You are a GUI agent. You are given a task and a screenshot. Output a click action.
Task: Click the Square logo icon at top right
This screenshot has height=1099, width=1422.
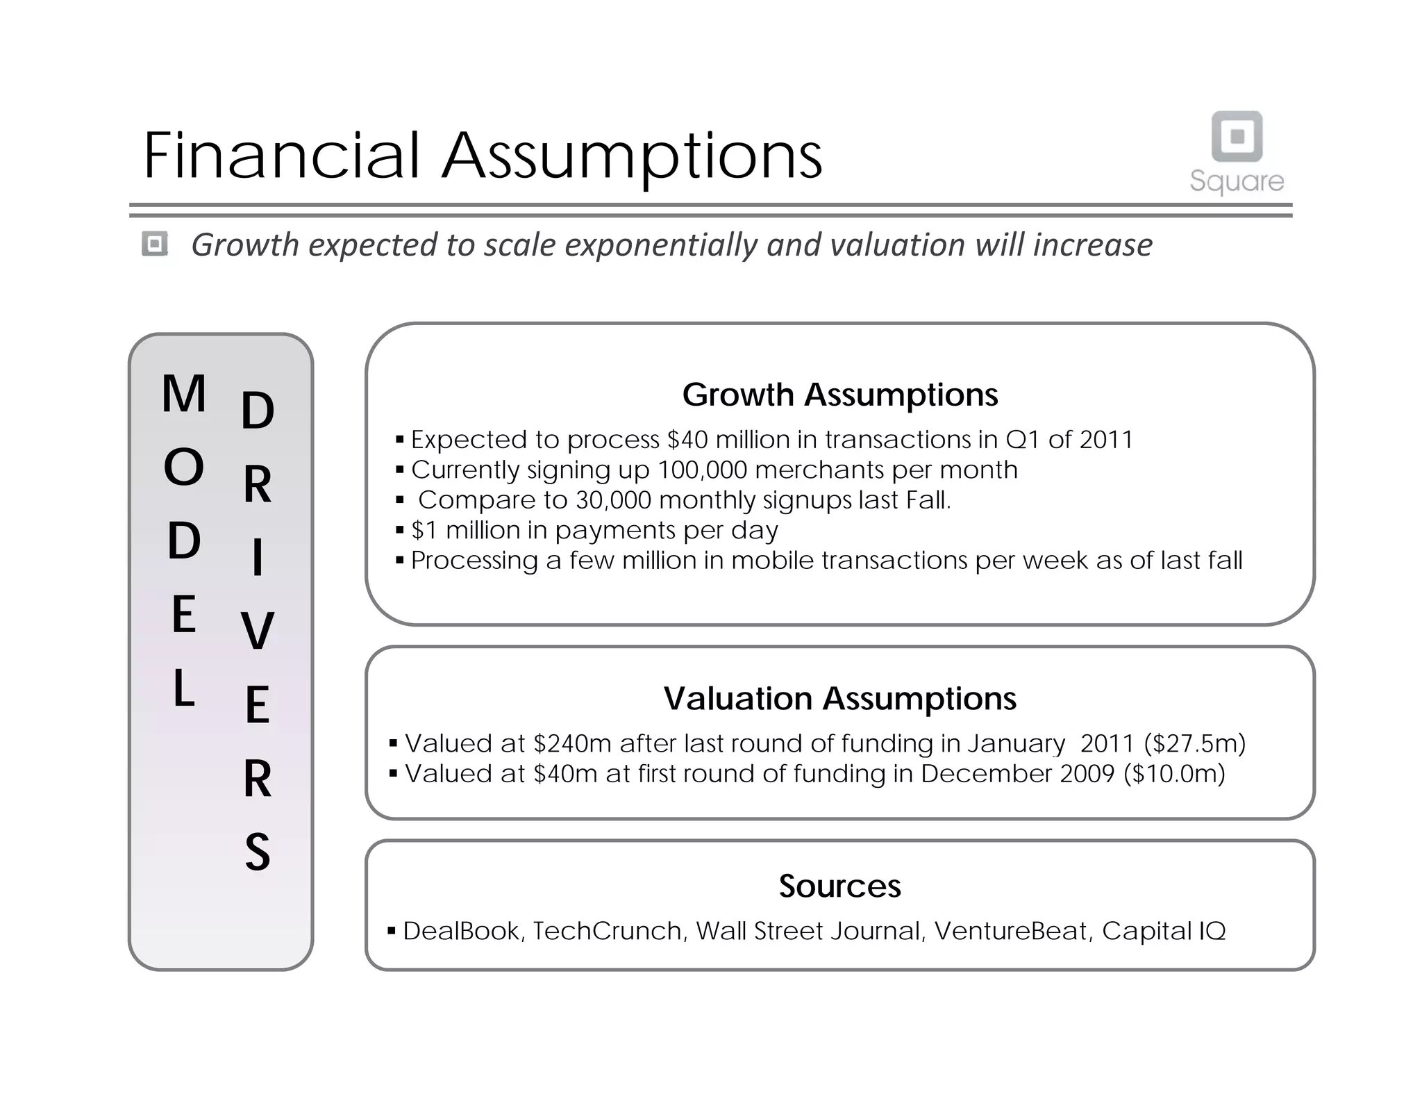click(x=1237, y=136)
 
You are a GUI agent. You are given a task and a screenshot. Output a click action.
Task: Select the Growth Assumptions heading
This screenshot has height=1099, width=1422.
click(x=839, y=395)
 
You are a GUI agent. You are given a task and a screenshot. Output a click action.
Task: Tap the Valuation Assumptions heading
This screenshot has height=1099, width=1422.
click(x=839, y=698)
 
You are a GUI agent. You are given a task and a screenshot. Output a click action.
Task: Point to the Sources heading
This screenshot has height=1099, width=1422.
click(x=839, y=886)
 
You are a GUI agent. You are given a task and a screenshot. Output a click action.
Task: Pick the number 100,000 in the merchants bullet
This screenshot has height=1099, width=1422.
click(x=702, y=470)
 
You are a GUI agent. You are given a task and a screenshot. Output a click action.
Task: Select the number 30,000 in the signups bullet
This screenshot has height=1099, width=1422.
click(x=613, y=500)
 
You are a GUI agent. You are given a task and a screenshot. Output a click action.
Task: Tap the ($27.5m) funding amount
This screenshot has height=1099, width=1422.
click(x=1194, y=743)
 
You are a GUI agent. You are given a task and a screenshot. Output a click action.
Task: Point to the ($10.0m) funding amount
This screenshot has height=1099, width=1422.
click(x=1174, y=774)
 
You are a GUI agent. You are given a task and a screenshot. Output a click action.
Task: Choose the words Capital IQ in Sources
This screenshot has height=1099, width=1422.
click(x=1164, y=931)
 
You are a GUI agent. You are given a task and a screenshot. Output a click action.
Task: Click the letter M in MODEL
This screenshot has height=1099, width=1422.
click(x=184, y=393)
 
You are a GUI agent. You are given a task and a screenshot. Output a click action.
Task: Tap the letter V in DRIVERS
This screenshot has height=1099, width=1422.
click(x=258, y=631)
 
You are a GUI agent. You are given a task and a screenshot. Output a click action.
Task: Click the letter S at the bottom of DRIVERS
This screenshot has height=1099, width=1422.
click(x=258, y=852)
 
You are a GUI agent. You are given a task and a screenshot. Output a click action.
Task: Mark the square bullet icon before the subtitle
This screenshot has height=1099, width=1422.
click(x=155, y=244)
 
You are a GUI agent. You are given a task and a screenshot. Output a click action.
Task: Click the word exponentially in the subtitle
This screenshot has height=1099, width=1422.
click(x=662, y=245)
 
